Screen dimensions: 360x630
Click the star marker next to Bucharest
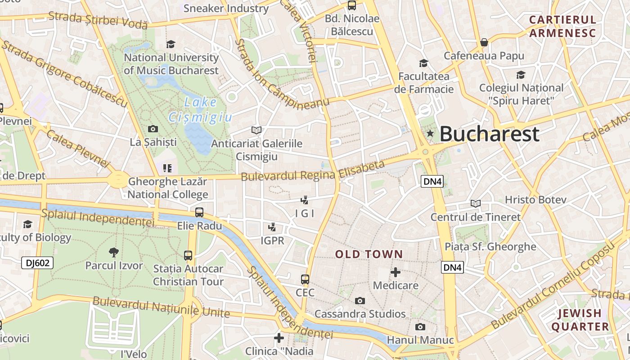click(x=430, y=133)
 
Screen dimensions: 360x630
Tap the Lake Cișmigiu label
click(x=200, y=110)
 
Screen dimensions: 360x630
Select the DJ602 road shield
click(x=37, y=263)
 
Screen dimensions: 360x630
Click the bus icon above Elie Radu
click(x=199, y=212)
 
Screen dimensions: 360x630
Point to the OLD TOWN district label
click(x=369, y=254)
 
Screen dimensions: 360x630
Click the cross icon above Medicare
click(x=396, y=272)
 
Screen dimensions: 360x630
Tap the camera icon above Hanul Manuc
click(x=420, y=327)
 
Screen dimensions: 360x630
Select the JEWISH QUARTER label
click(x=580, y=320)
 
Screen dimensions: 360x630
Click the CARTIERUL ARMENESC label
click(x=562, y=26)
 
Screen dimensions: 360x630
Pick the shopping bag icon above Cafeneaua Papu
click(x=484, y=42)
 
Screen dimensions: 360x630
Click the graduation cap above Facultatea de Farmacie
click(x=423, y=63)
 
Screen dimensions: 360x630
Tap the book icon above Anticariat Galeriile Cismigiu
click(x=256, y=130)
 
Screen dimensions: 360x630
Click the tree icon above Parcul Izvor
click(x=114, y=252)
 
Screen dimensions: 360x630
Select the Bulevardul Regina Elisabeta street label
click(x=313, y=171)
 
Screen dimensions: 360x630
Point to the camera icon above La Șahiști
click(x=153, y=129)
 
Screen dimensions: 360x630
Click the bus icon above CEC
click(x=305, y=279)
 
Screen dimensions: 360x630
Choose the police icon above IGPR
click(x=272, y=227)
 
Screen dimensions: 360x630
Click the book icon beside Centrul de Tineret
click(x=476, y=203)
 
